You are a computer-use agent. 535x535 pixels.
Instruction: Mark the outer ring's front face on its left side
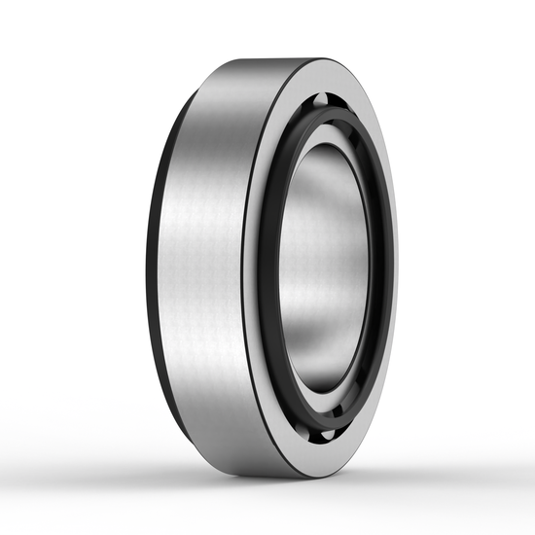pos(251,267)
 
